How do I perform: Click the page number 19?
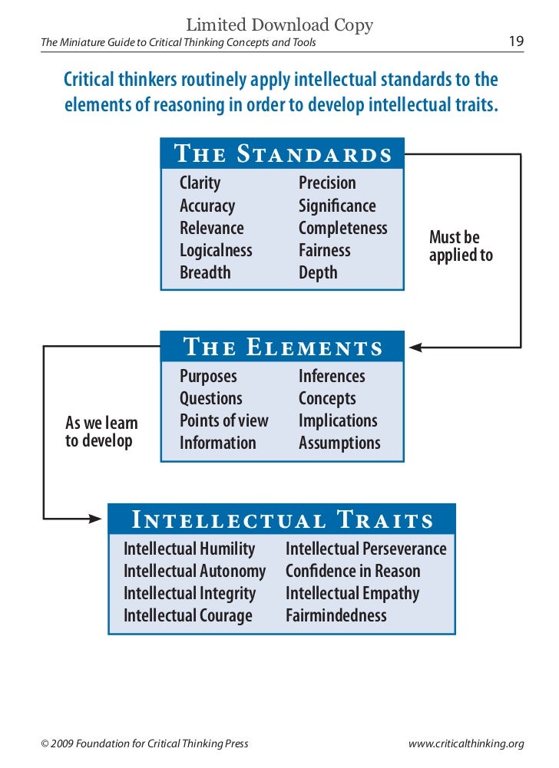click(516, 41)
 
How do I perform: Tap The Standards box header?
click(283, 153)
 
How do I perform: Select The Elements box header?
click(283, 347)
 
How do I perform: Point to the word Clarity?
click(200, 183)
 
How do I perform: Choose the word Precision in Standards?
click(327, 183)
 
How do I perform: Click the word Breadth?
click(205, 272)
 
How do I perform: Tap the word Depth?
click(318, 272)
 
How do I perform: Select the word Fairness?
click(324, 250)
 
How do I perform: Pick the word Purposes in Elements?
click(208, 376)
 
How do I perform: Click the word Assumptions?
click(339, 443)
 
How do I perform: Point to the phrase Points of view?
click(224, 420)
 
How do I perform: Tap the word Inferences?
click(332, 376)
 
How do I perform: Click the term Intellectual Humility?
click(189, 549)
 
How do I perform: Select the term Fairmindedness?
click(336, 615)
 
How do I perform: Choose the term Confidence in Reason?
click(353, 571)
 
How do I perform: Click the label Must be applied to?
click(461, 247)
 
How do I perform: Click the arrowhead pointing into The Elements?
click(415, 348)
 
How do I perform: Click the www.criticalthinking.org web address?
click(467, 743)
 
